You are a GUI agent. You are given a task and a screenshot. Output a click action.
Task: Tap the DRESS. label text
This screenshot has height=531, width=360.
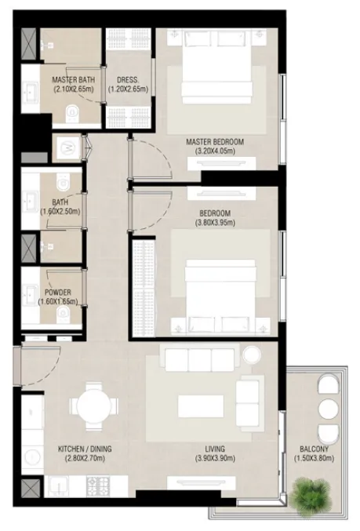(x=128, y=80)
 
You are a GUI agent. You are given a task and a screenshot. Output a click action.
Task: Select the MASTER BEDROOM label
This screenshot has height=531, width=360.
(x=214, y=142)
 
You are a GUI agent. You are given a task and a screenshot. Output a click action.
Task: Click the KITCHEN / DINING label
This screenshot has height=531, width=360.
(x=85, y=449)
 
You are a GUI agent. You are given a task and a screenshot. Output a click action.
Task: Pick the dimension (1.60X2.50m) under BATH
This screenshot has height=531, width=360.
(x=60, y=211)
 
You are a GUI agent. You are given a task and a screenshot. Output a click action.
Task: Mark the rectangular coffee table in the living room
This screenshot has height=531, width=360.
(x=202, y=406)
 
